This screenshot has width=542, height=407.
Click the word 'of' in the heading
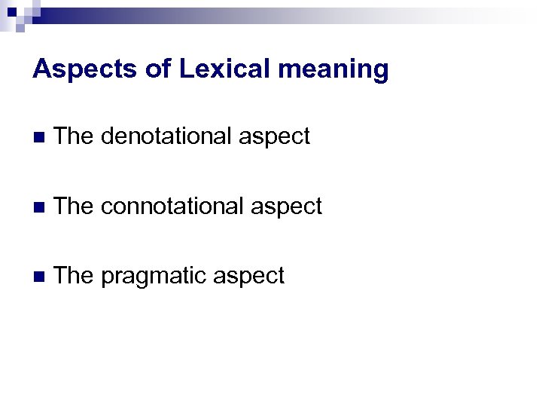click(158, 69)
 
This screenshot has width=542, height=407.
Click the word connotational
click(171, 206)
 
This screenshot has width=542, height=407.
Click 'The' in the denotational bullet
click(73, 136)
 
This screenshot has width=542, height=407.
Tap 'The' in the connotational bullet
click(73, 206)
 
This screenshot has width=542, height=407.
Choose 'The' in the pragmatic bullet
click(73, 276)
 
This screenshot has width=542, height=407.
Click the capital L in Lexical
click(187, 69)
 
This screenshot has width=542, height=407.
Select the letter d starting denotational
click(107, 136)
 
